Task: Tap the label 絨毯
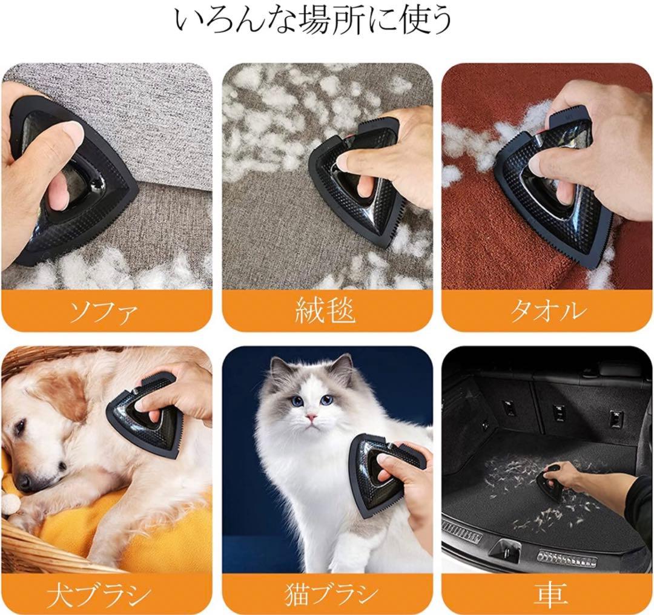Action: tap(326, 311)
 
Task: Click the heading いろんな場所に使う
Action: tap(313, 20)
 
